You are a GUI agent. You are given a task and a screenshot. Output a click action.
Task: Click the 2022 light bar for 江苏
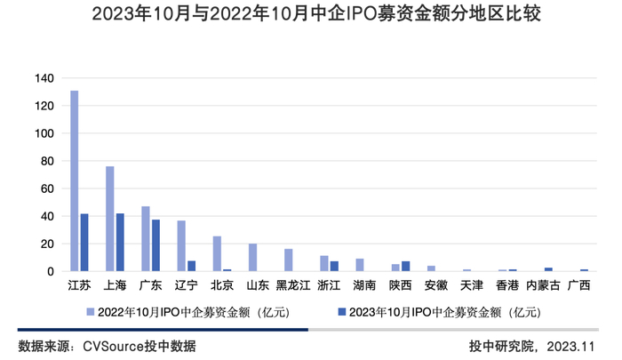pos(75,181)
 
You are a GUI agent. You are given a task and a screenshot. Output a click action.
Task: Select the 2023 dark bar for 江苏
pos(84,243)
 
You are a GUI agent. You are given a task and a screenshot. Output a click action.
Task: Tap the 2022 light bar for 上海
pos(110,219)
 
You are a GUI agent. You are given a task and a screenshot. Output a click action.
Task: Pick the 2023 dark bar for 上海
pos(120,243)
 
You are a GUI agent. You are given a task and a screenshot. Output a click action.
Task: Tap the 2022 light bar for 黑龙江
pos(288,260)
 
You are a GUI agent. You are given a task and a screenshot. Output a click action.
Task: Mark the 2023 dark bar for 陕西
pos(405,266)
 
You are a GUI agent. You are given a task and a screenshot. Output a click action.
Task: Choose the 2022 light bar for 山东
pos(252,257)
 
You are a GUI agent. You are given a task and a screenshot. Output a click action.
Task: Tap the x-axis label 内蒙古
pos(543,286)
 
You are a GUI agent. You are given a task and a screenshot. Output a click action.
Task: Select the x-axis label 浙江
pos(329,286)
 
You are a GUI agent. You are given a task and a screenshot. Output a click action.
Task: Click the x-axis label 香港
pos(506,286)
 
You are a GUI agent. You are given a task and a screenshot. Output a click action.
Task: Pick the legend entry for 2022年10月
pos(187,312)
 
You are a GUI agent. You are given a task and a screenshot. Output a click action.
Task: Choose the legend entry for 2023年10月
pos(439,312)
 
